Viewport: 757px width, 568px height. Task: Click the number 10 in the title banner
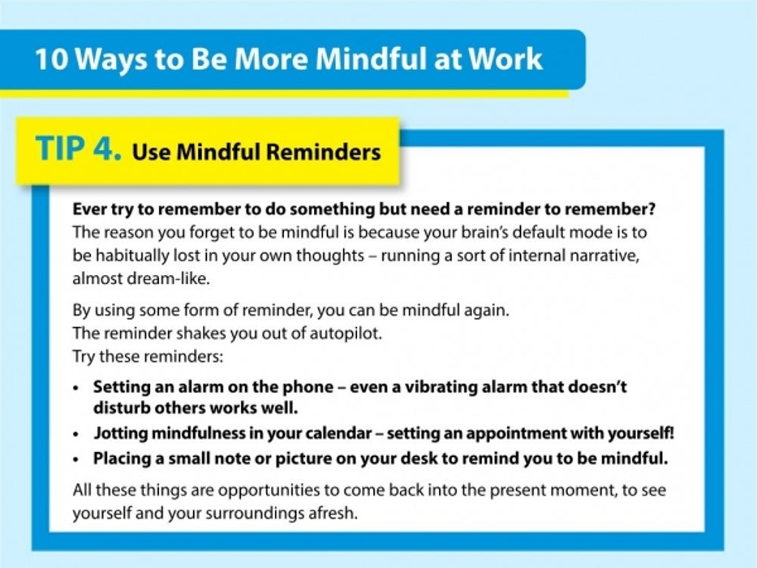click(51, 59)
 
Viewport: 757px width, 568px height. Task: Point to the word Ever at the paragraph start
click(89, 209)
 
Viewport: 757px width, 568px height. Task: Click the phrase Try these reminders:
click(148, 357)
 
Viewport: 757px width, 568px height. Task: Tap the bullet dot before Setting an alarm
click(76, 389)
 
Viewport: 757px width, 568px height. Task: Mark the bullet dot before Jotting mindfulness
click(76, 435)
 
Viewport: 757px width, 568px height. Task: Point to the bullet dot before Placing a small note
click(76, 460)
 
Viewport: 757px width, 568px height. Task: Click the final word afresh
click(333, 513)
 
